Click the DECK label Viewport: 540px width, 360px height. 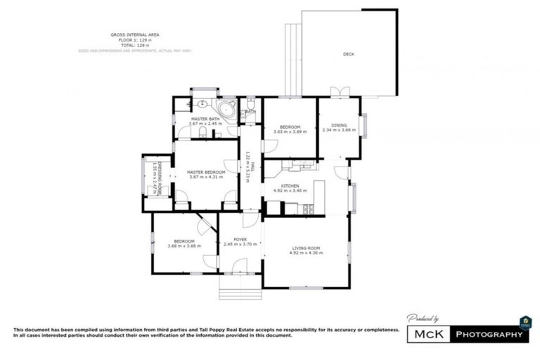[x=348, y=54]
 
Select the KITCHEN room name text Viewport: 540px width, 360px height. [x=291, y=185]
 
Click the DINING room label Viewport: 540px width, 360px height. [x=340, y=124]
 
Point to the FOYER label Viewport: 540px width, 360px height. [x=240, y=240]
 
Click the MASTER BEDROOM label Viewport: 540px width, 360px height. [x=206, y=172]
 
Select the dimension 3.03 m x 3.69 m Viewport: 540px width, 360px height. [x=290, y=131]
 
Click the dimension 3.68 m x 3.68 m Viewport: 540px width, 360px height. [x=184, y=246]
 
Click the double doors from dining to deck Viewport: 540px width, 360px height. [x=340, y=93]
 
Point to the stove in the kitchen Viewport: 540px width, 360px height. [x=308, y=208]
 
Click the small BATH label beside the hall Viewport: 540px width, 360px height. [x=250, y=111]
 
